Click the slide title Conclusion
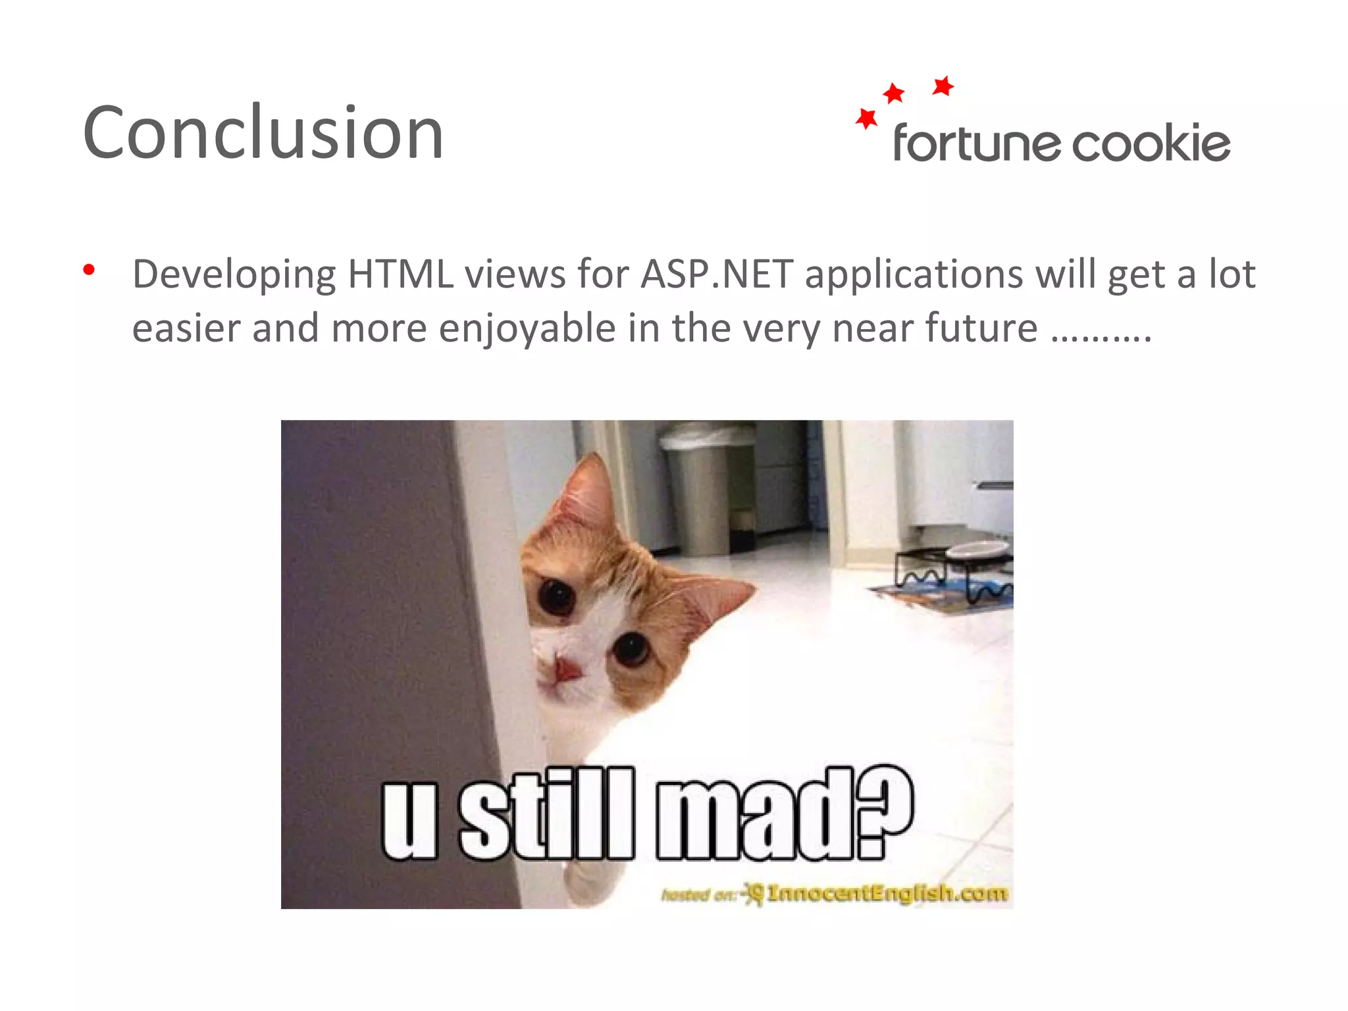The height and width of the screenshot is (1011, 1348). pyautogui.click(x=263, y=133)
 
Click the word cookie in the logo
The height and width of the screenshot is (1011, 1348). pyautogui.click(x=1151, y=143)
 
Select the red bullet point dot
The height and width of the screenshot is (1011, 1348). pyautogui.click(x=90, y=270)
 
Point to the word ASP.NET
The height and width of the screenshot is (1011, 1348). pyautogui.click(x=717, y=274)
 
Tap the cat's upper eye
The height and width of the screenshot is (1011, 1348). pyautogui.click(x=557, y=596)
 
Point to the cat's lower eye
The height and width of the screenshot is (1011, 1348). pyautogui.click(x=631, y=648)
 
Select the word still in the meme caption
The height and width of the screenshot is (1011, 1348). pyautogui.click(x=546, y=815)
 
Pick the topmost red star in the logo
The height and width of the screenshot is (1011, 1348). pyautogui.click(x=943, y=86)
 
